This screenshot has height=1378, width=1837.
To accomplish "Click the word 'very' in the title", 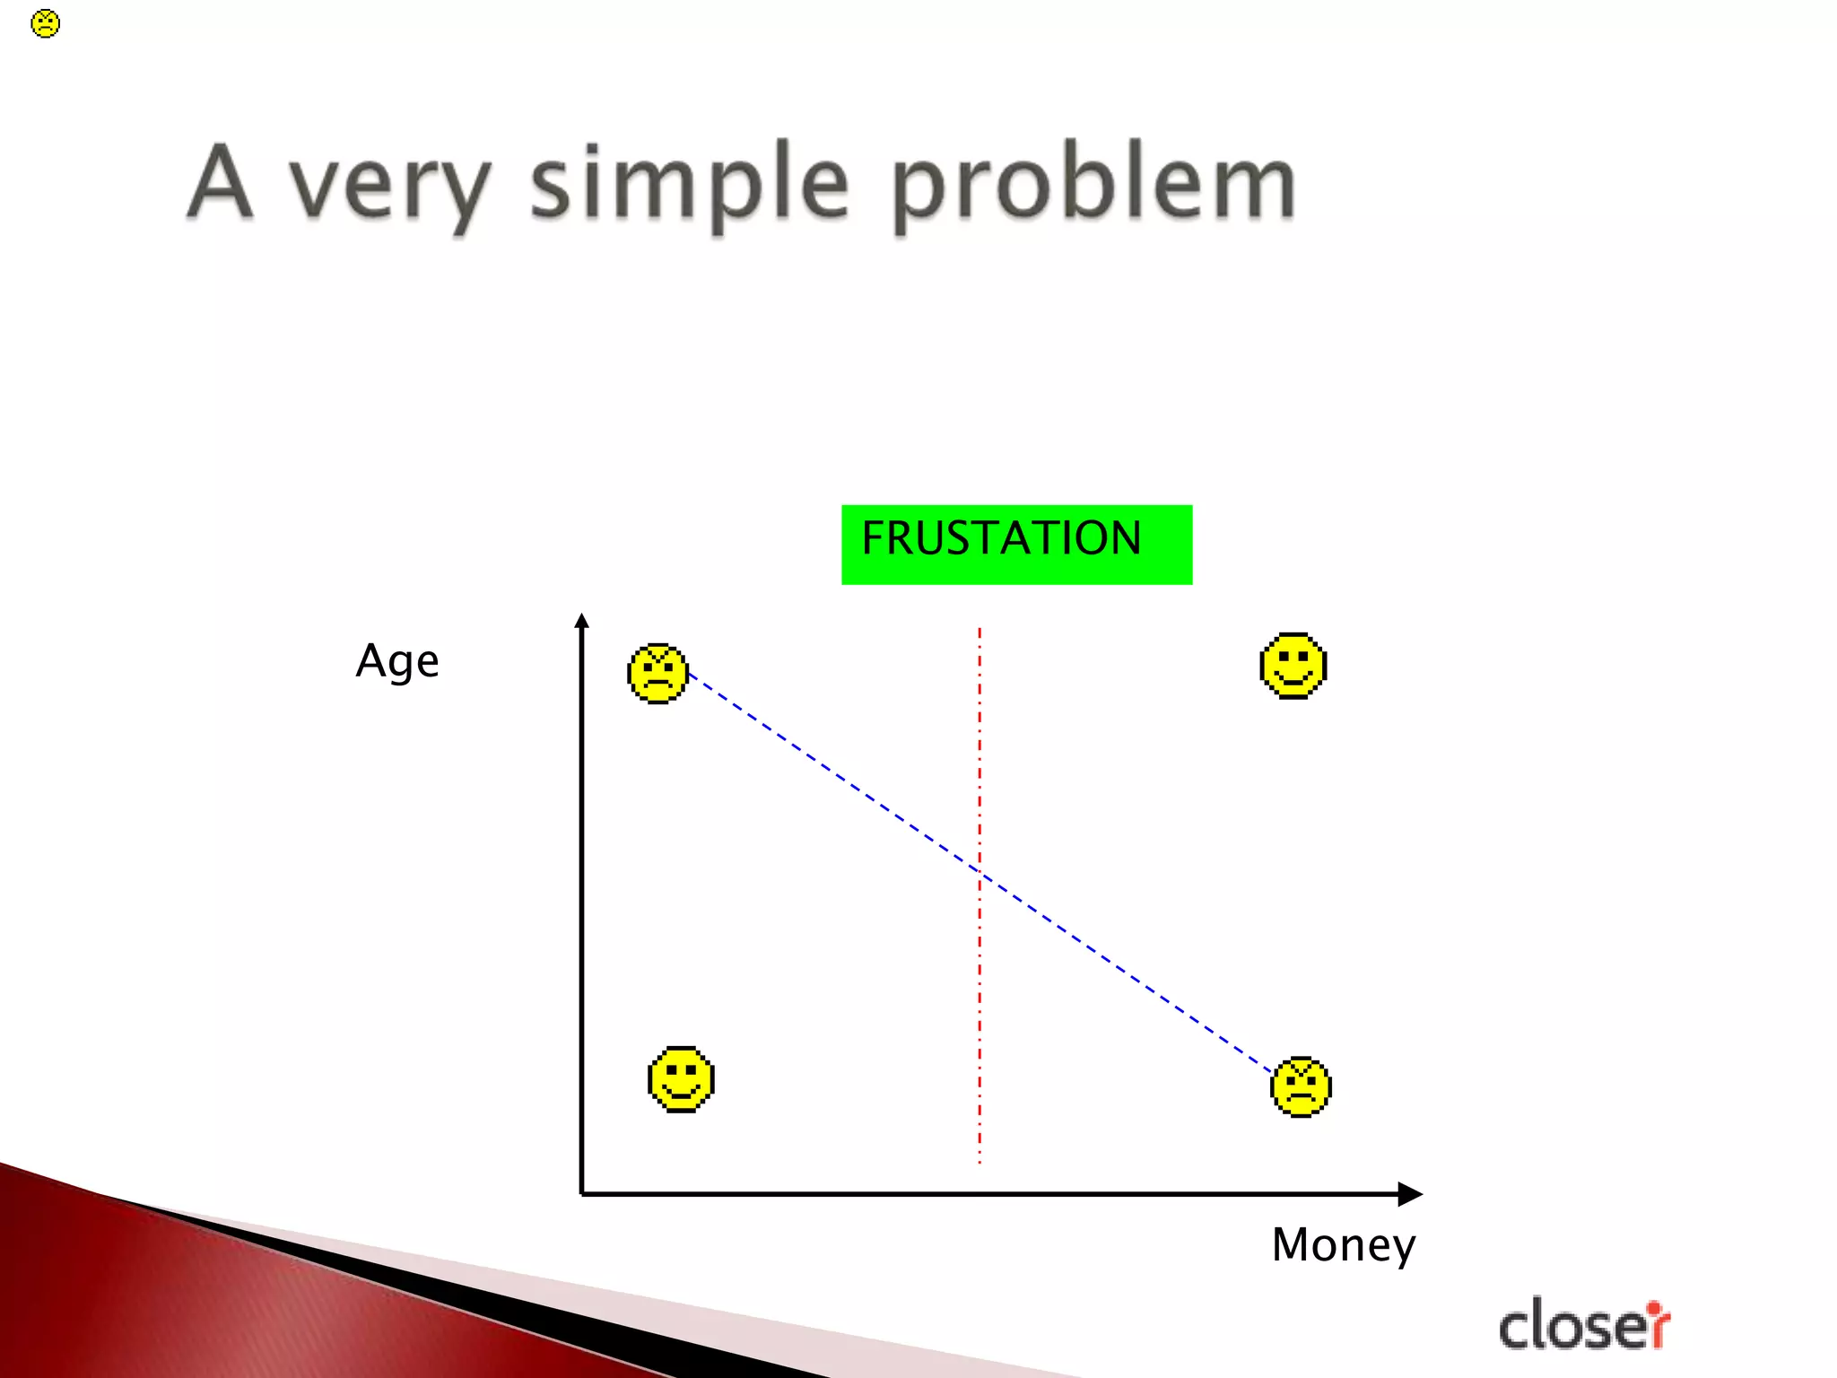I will pos(389,187).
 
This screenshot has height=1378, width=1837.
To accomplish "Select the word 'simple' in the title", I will pos(689,184).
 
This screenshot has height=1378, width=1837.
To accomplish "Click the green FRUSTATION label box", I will pos(1016,545).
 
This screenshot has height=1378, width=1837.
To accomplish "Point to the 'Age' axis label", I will pos(397,661).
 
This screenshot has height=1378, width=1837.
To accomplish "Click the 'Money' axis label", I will pos(1343,1245).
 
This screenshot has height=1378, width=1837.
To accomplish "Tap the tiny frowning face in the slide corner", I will pos(45,23).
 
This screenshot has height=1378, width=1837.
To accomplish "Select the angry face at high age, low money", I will pos(657,674).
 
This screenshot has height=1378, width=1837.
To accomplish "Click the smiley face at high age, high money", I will pos(1293,666).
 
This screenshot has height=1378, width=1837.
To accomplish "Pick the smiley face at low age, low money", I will pos(681,1079).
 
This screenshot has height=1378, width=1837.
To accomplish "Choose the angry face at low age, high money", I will pos(1301,1087).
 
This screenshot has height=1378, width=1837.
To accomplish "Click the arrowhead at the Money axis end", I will pos(1411,1194).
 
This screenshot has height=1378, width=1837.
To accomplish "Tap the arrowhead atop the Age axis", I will pos(581,621).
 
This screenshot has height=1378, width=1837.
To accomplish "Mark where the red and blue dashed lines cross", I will pos(979,872).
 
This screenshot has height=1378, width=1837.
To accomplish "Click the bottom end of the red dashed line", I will pos(979,1161).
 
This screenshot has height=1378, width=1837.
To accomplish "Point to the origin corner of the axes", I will pos(582,1194).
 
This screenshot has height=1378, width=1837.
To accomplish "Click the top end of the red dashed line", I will pos(979,631).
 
